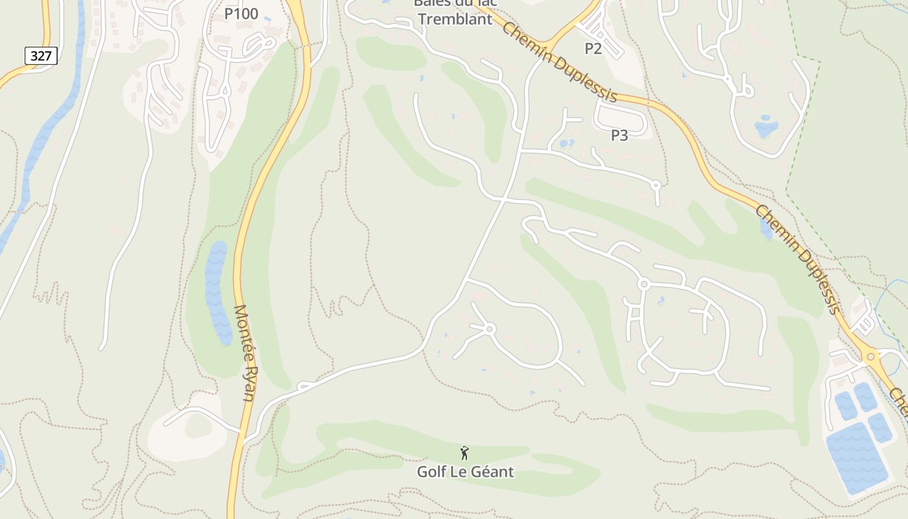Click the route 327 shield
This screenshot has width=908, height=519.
(x=41, y=56)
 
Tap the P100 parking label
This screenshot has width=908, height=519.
(x=241, y=14)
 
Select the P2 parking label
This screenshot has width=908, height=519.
(x=593, y=48)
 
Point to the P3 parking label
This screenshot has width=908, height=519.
(x=619, y=136)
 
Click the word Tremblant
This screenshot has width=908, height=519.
(x=455, y=19)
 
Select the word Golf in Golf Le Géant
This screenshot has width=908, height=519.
(x=431, y=472)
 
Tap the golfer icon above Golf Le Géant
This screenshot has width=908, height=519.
(x=464, y=453)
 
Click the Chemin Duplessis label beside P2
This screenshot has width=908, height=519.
(x=559, y=62)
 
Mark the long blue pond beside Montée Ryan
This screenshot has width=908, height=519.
(x=218, y=292)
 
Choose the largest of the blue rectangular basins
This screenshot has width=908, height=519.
(x=856, y=457)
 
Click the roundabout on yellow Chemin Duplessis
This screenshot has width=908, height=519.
(x=870, y=356)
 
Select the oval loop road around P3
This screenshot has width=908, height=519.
(x=621, y=119)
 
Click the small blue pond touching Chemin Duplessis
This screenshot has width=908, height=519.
(x=766, y=227)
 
